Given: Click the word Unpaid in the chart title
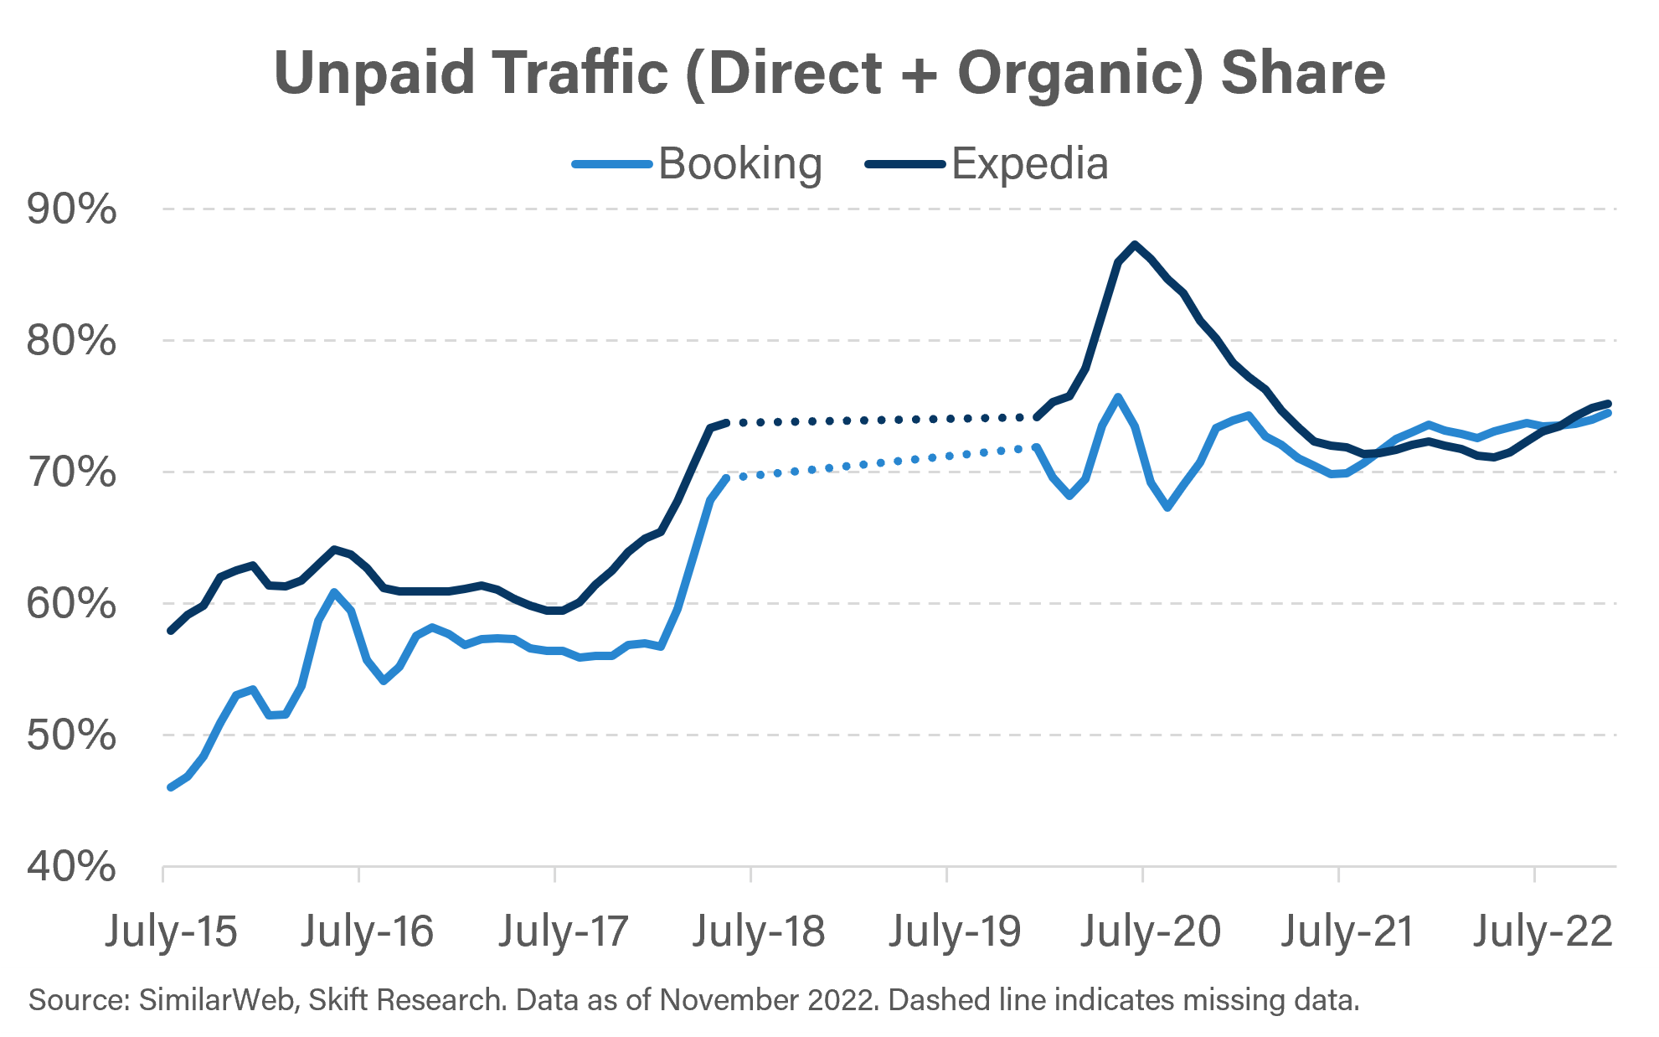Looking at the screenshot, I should [x=375, y=74].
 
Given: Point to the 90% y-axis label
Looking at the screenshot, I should [x=71, y=209].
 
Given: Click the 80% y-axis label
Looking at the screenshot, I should [x=71, y=341].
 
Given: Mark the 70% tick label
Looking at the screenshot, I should [x=71, y=472].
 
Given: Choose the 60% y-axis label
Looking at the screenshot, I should [x=71, y=604].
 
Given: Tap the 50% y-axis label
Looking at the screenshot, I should [x=71, y=735].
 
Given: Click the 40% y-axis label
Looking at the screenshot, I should [x=71, y=867].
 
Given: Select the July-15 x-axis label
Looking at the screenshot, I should [x=171, y=931].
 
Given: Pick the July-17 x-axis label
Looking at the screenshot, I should [x=563, y=931].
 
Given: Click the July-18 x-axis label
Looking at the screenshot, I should [x=759, y=931].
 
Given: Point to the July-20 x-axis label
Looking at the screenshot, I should [x=1151, y=931].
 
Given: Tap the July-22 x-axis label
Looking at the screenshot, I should [x=1543, y=931].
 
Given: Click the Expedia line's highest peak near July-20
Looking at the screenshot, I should [x=1135, y=245].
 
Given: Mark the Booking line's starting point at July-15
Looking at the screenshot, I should [x=171, y=787].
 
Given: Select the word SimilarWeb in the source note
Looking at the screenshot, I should [x=218, y=1000].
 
